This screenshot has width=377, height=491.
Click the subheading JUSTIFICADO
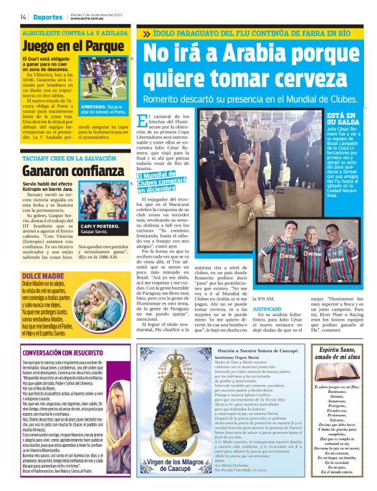[x=266, y=309]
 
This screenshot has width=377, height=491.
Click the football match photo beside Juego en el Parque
[x=104, y=79]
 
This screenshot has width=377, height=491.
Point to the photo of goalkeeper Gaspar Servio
[x=104, y=201]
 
